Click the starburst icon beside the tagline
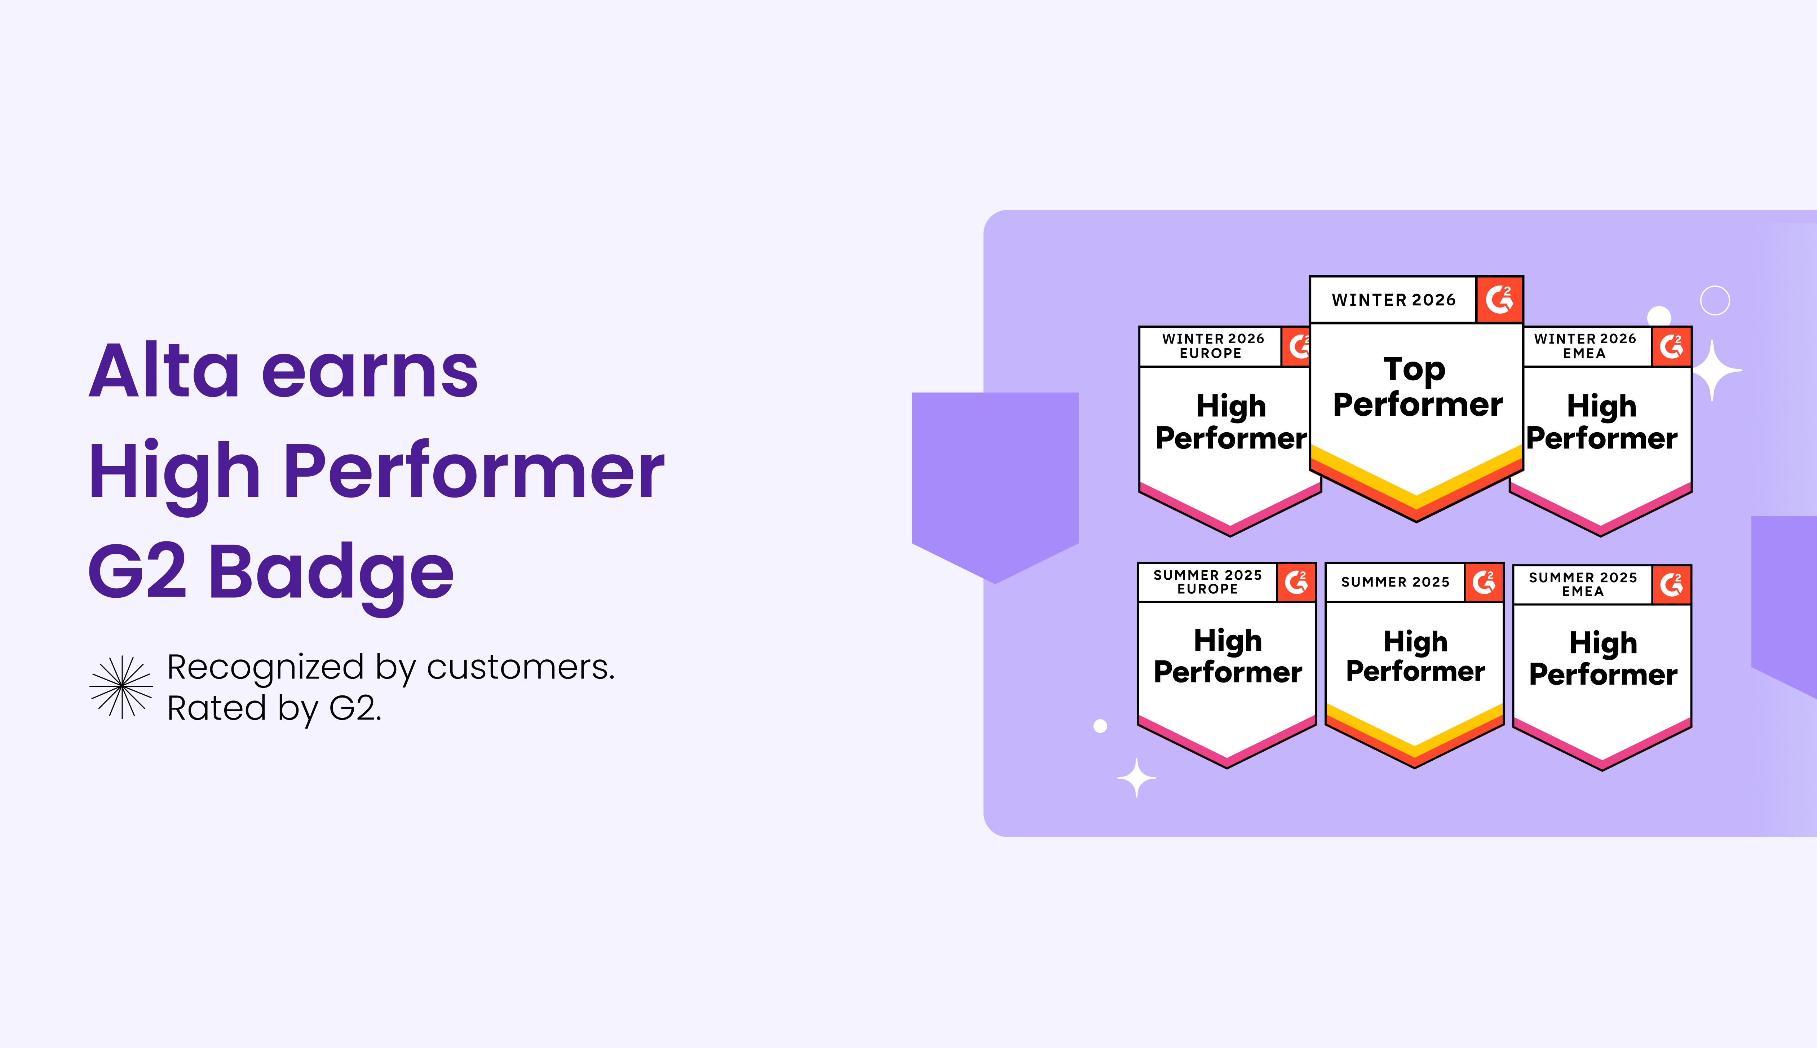(121, 687)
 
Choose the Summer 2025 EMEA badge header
(1582, 584)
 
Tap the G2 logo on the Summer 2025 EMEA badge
(1671, 584)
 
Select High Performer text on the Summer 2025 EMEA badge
(1602, 659)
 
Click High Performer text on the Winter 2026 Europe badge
(1230, 422)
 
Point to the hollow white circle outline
(1715, 300)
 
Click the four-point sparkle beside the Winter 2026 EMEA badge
(1714, 371)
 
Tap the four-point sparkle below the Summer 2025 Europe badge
(1136, 778)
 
